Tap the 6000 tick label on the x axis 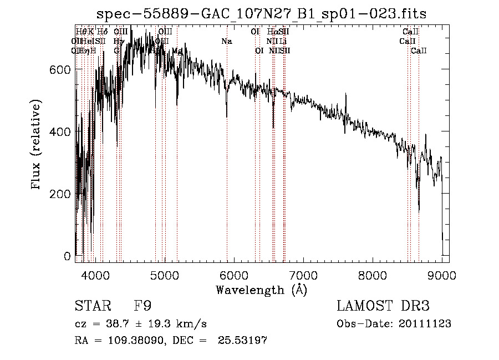(x=234, y=275)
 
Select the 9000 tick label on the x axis (x=442, y=275)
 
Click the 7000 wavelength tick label (x=303, y=275)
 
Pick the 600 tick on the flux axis (x=60, y=69)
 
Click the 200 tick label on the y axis (x=60, y=194)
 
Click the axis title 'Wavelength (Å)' (x=261, y=290)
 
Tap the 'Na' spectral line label (x=226, y=41)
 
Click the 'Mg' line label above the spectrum (x=177, y=50)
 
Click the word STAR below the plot (x=92, y=306)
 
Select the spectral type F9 (x=142, y=306)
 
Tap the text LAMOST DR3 (x=383, y=306)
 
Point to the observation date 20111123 (x=424, y=324)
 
